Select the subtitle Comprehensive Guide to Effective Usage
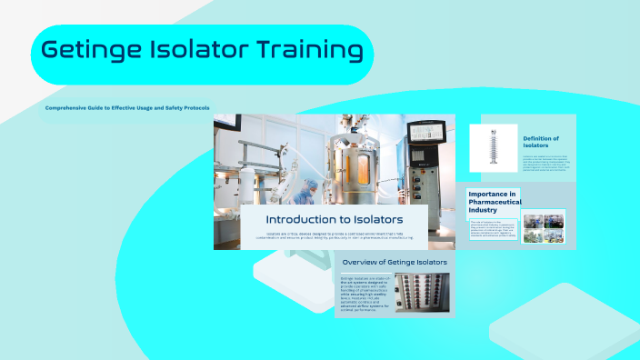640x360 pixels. point(126,108)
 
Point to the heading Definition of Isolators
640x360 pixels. point(541,142)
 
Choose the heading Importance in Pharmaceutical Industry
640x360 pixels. point(492,202)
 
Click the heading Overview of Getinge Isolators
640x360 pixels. point(394,262)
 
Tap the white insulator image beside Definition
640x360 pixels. point(495,147)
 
